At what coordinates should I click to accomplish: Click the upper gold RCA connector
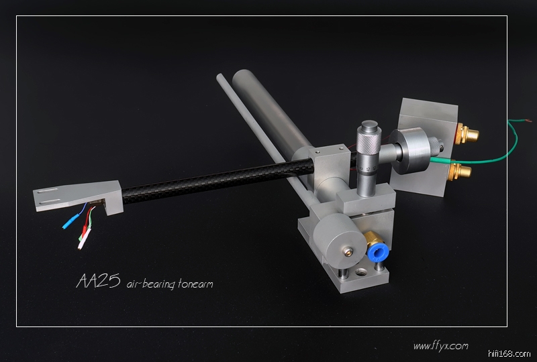[x=467, y=134]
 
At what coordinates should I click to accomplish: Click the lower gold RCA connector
[x=460, y=170]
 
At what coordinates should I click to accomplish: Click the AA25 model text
[x=98, y=282]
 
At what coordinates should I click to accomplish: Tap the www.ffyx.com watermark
[x=440, y=347]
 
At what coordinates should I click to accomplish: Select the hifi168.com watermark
[x=509, y=354]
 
